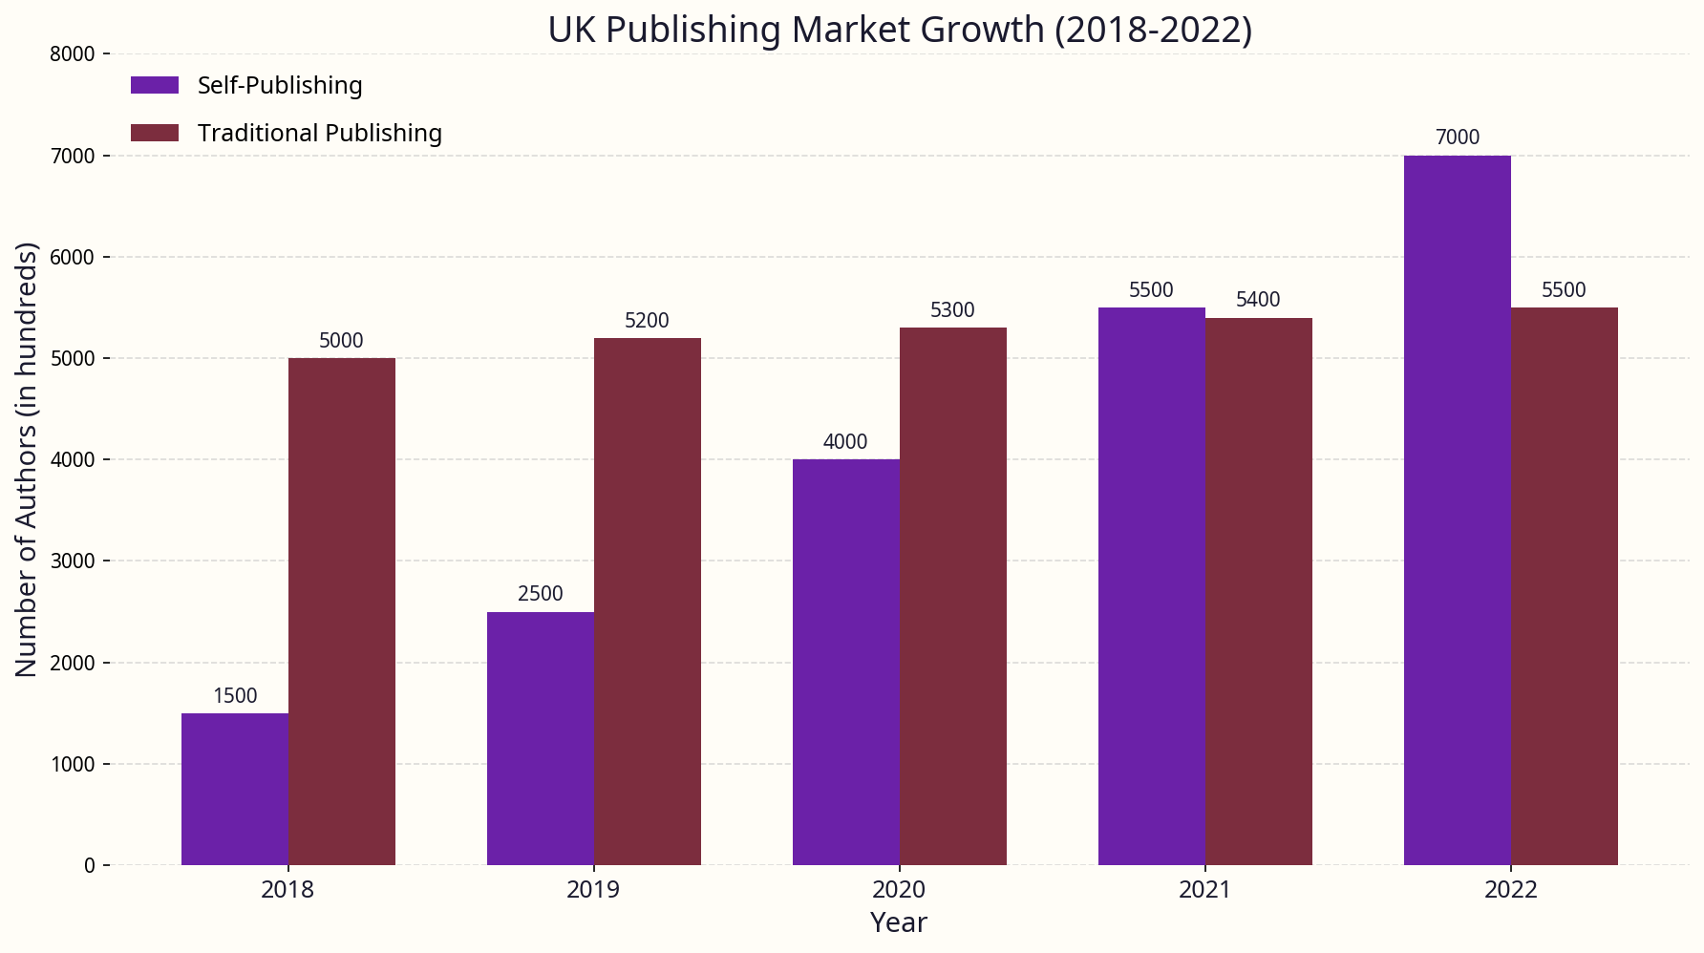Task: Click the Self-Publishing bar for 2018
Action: click(x=235, y=789)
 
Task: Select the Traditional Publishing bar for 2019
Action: click(x=648, y=602)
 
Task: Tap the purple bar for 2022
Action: click(x=1457, y=510)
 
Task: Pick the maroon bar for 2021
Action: click(x=1258, y=591)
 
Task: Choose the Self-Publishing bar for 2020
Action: click(x=845, y=662)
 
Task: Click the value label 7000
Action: click(x=1457, y=138)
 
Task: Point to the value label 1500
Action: click(x=235, y=696)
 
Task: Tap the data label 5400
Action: click(x=1258, y=300)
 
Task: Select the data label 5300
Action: click(x=952, y=310)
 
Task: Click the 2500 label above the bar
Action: click(x=541, y=594)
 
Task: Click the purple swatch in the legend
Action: click(x=155, y=85)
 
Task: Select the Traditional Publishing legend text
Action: click(x=319, y=133)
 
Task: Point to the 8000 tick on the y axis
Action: click(x=73, y=54)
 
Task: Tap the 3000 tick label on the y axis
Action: click(x=73, y=561)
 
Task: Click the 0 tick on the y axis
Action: click(x=90, y=865)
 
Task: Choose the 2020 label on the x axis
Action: click(x=899, y=890)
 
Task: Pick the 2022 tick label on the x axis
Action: click(x=1510, y=890)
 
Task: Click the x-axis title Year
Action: click(x=899, y=922)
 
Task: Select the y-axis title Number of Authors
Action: click(x=27, y=459)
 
